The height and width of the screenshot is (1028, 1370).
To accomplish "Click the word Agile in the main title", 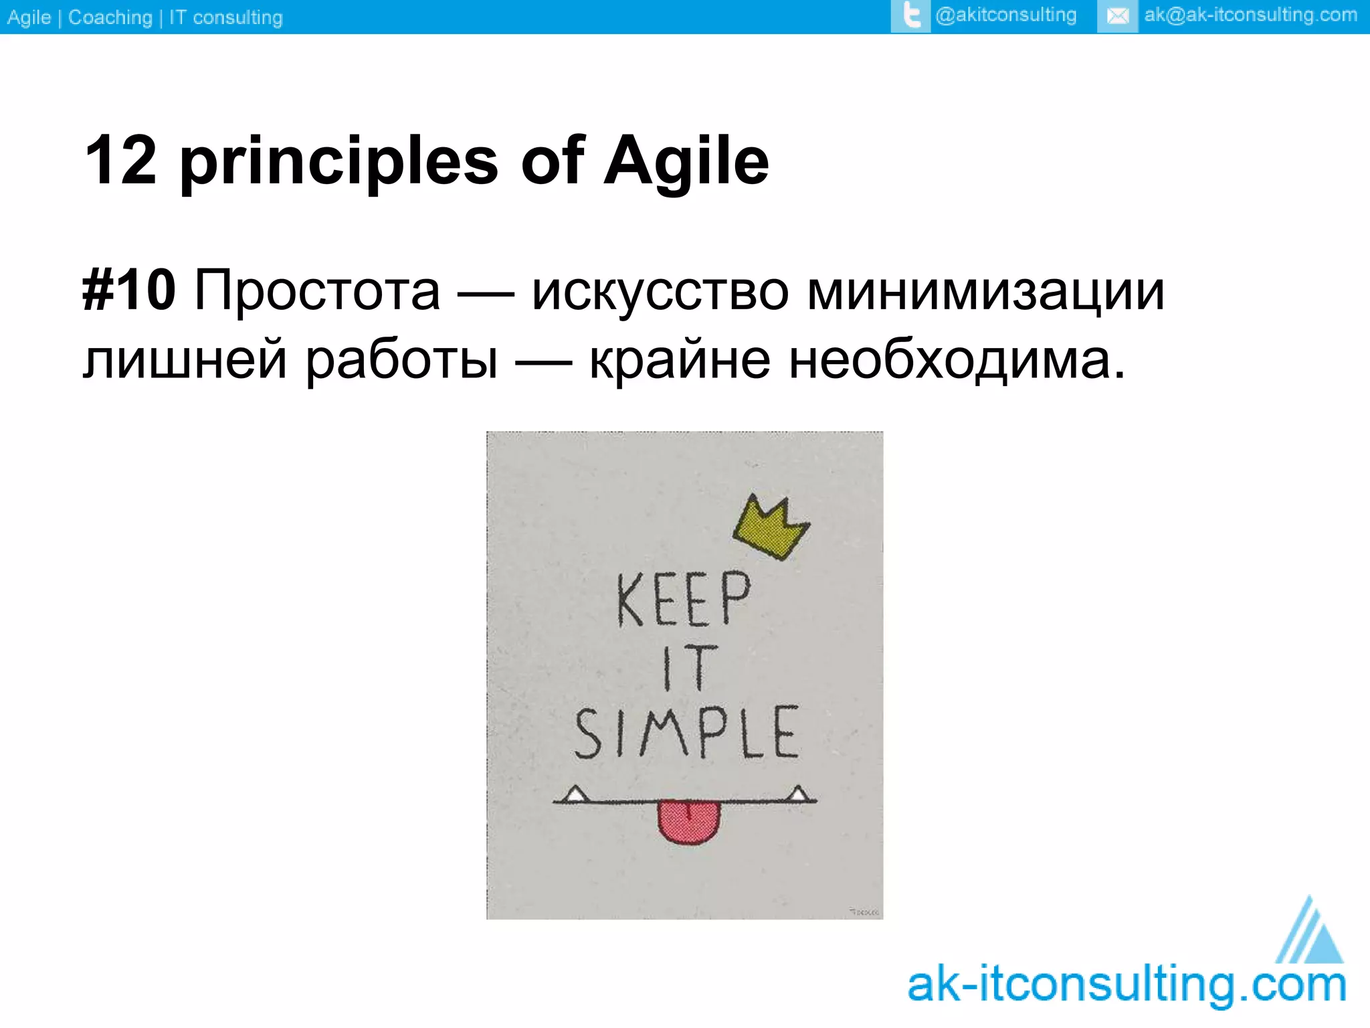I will click(x=686, y=162).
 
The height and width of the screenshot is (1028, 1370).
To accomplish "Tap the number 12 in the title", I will click(x=121, y=161).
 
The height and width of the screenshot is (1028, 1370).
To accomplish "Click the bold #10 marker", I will click(x=129, y=290).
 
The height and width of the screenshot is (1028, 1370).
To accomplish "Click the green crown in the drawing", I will click(x=770, y=528).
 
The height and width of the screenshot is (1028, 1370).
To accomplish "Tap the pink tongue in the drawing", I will click(x=688, y=821).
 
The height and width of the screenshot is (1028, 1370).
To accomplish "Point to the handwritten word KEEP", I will click(x=683, y=600).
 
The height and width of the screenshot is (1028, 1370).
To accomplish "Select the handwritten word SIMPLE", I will click(x=686, y=733).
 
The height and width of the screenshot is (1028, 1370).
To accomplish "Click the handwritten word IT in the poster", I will click(x=689, y=668).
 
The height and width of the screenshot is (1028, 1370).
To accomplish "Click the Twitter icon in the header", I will click(x=910, y=16).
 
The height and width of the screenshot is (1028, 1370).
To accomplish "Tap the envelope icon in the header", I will click(x=1117, y=16).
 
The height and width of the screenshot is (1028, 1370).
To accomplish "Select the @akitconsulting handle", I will click(x=1005, y=15).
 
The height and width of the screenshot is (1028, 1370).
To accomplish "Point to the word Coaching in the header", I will click(x=110, y=17).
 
